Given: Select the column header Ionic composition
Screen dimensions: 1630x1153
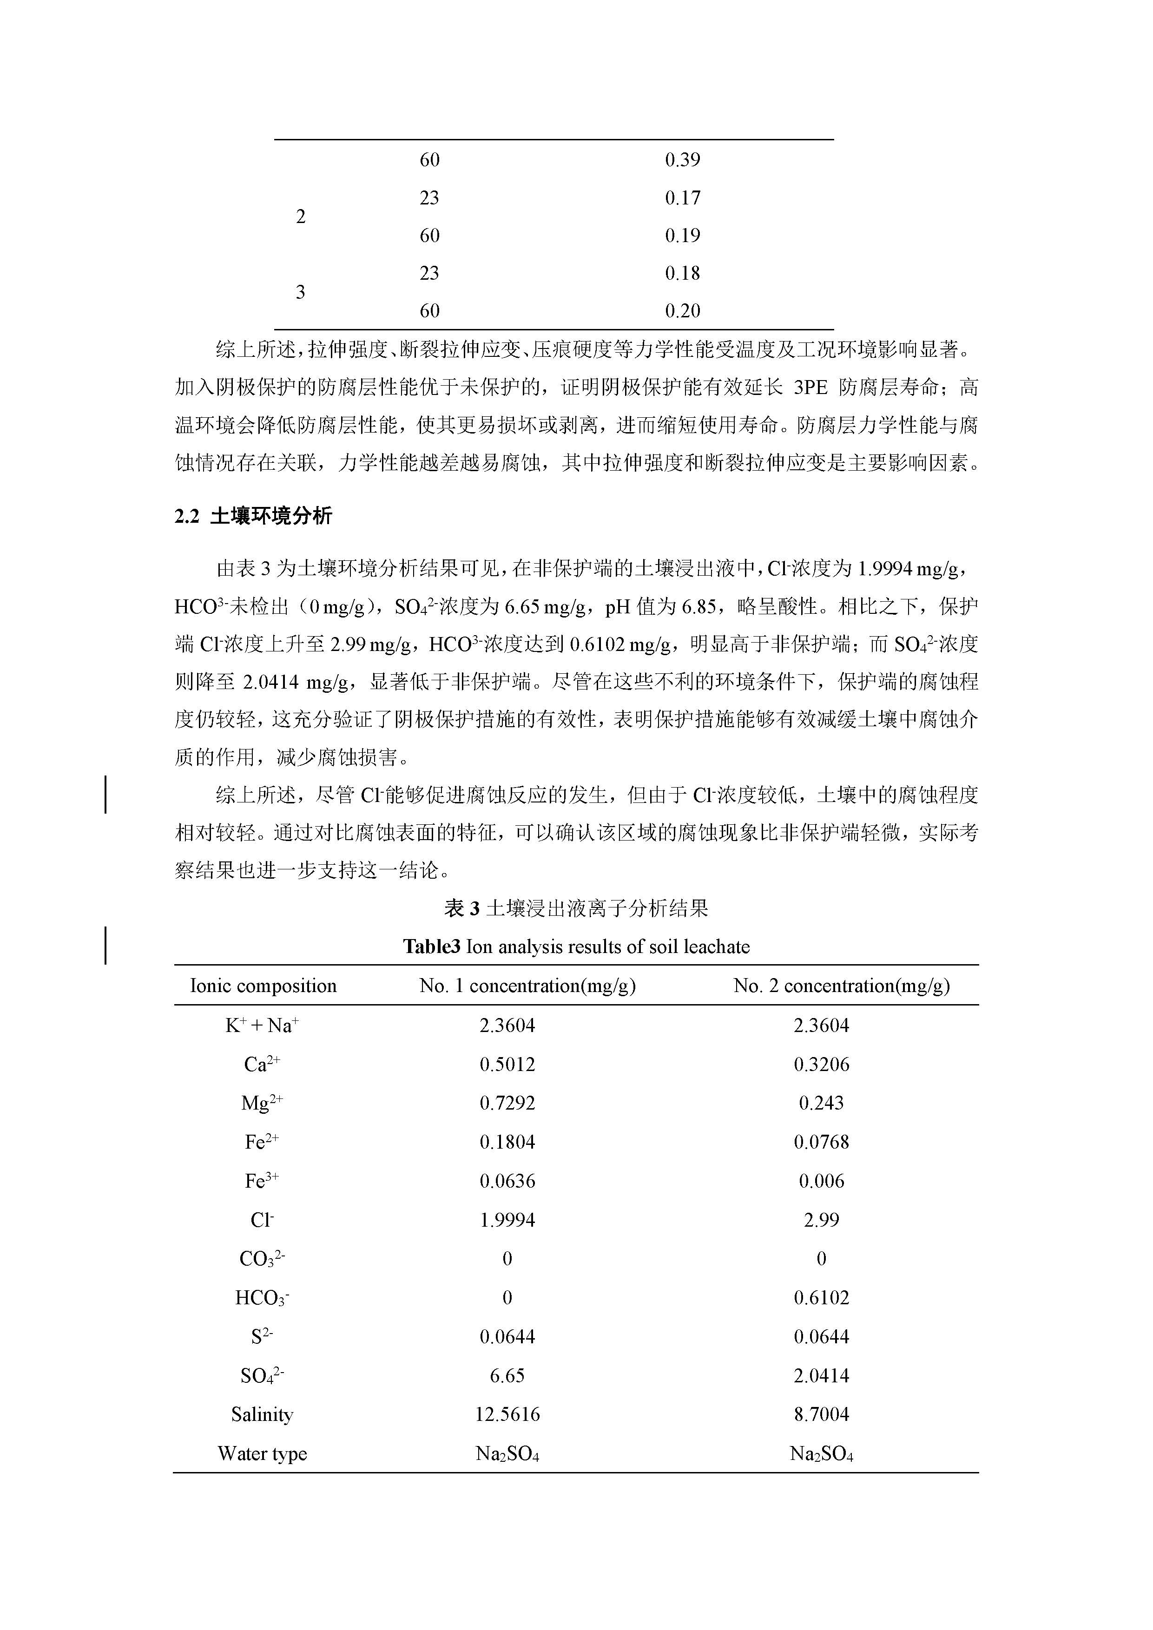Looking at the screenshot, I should point(264,986).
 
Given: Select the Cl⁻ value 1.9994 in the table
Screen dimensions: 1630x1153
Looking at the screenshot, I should point(507,1220).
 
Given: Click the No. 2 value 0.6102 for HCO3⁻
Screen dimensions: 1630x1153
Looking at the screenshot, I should point(822,1298).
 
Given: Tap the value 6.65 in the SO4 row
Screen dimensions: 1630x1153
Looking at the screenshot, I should point(507,1375).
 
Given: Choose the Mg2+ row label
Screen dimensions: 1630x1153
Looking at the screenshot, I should point(262,1103).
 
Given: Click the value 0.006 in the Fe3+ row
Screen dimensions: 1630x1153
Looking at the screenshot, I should point(822,1181).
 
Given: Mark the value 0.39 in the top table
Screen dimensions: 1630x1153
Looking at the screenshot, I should point(682,160).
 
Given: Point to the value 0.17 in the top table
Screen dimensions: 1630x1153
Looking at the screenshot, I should point(682,197).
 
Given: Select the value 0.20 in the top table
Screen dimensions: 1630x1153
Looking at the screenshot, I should point(682,310).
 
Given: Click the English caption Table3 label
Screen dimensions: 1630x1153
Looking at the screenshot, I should point(432,946).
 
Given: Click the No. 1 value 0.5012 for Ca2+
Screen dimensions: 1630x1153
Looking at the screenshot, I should point(507,1064).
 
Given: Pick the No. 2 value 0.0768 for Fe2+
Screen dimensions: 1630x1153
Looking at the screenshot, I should point(822,1142).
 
